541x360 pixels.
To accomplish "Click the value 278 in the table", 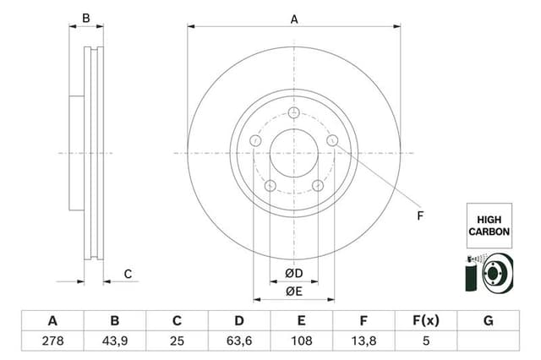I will coord(52,341).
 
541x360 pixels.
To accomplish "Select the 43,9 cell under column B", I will coord(115,341).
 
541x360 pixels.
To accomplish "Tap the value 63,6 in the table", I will coord(239,341).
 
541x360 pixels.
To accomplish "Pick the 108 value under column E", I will coord(302,341).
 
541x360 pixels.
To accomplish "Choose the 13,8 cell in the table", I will coord(363,341).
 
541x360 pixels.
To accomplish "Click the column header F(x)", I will coord(426,320).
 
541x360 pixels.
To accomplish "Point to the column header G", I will coord(488,320).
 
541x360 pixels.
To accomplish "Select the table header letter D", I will coord(239,320).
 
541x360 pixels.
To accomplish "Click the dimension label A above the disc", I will coord(294,19).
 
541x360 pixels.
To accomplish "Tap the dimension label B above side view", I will coord(85,19).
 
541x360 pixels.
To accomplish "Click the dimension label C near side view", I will coord(128,273).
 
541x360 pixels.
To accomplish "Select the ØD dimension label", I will coord(293,274).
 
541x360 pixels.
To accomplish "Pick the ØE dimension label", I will coord(293,292).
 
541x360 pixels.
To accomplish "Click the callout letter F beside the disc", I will coord(419,216).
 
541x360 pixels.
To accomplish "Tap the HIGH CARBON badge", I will coord(489,225).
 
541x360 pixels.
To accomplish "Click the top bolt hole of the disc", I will coord(294,114).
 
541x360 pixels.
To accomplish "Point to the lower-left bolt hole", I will coord(270,186).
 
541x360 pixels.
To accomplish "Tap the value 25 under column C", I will coord(178,341).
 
